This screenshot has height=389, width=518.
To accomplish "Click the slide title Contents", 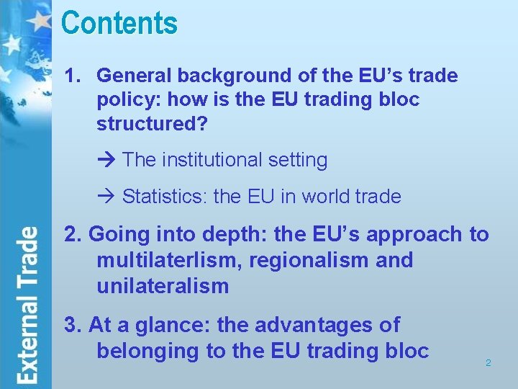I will (x=119, y=23).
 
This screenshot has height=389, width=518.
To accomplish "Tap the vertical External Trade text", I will (x=28, y=305).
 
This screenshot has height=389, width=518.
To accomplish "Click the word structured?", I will (x=152, y=124).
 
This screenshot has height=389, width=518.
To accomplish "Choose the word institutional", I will (x=215, y=160).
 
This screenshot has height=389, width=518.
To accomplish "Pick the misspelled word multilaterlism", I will (x=169, y=260).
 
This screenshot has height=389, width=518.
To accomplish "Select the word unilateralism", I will (x=162, y=286).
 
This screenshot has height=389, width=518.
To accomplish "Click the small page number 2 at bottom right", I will (x=488, y=363).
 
